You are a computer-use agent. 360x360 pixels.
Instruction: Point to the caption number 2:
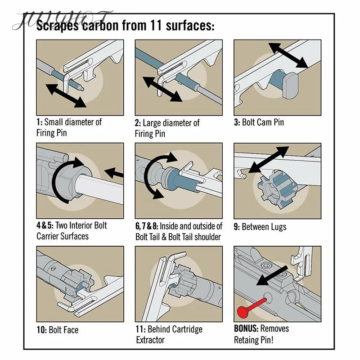coord(138,123)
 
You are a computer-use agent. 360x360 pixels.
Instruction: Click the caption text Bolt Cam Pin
coord(263,122)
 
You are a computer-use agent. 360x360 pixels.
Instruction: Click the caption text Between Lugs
coord(264,227)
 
